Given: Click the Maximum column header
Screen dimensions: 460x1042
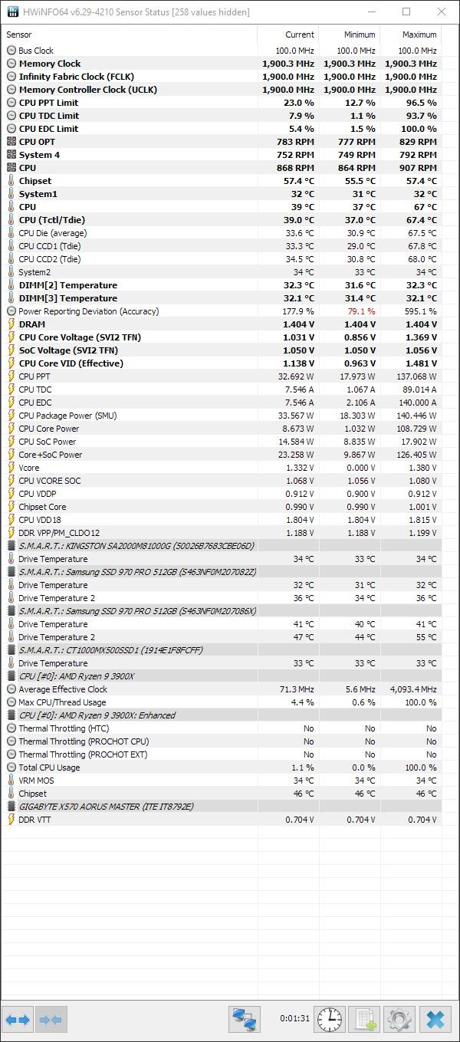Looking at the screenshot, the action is click(x=419, y=35).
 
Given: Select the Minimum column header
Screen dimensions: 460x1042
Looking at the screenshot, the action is click(x=360, y=35).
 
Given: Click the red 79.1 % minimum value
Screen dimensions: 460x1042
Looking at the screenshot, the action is click(x=361, y=311).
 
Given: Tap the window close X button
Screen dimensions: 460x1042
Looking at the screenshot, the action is click(x=442, y=12).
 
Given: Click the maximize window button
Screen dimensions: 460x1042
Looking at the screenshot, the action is click(x=406, y=12).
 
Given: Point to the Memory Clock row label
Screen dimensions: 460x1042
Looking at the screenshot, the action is click(x=50, y=64).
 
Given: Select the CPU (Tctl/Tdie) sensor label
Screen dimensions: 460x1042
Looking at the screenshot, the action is click(x=52, y=220).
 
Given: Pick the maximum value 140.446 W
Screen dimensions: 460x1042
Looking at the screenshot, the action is click(x=417, y=416).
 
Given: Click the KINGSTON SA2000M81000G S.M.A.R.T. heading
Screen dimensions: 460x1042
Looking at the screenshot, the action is click(x=136, y=546).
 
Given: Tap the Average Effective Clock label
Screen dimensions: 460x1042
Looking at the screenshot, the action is click(x=63, y=689).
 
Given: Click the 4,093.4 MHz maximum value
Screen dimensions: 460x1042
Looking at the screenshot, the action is click(x=413, y=689).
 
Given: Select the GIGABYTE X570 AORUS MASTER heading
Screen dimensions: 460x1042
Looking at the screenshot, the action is click(x=107, y=806).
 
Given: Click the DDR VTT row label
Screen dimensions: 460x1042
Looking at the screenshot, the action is click(x=34, y=819).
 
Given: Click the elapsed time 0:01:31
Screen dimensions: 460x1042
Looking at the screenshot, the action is click(x=294, y=1018).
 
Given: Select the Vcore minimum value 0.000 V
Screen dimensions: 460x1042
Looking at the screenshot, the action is click(x=360, y=468).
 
